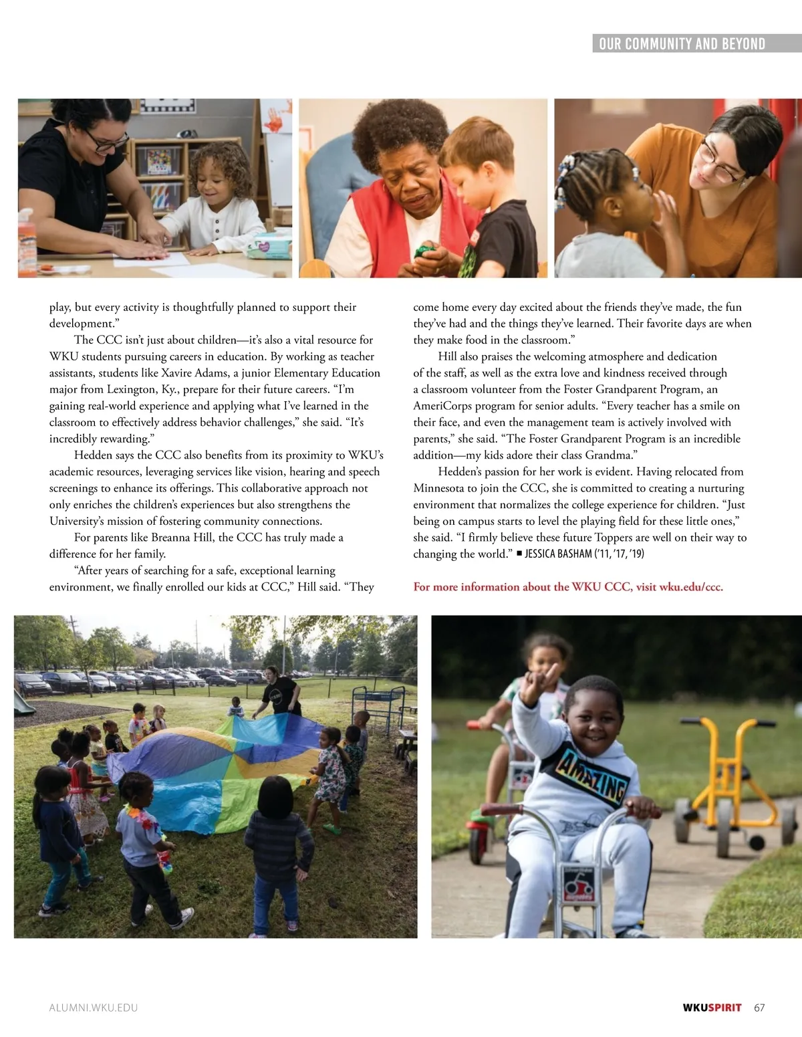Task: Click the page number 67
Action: coord(759,1008)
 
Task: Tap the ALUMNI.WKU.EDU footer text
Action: coord(94,1008)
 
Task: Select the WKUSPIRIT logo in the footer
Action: coord(712,1008)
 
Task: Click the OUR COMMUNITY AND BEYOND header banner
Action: coord(682,44)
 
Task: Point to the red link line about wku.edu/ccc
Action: coord(568,587)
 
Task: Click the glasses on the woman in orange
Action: coord(715,164)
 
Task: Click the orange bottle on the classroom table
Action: coord(27,244)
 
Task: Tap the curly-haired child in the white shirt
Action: coord(218,201)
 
